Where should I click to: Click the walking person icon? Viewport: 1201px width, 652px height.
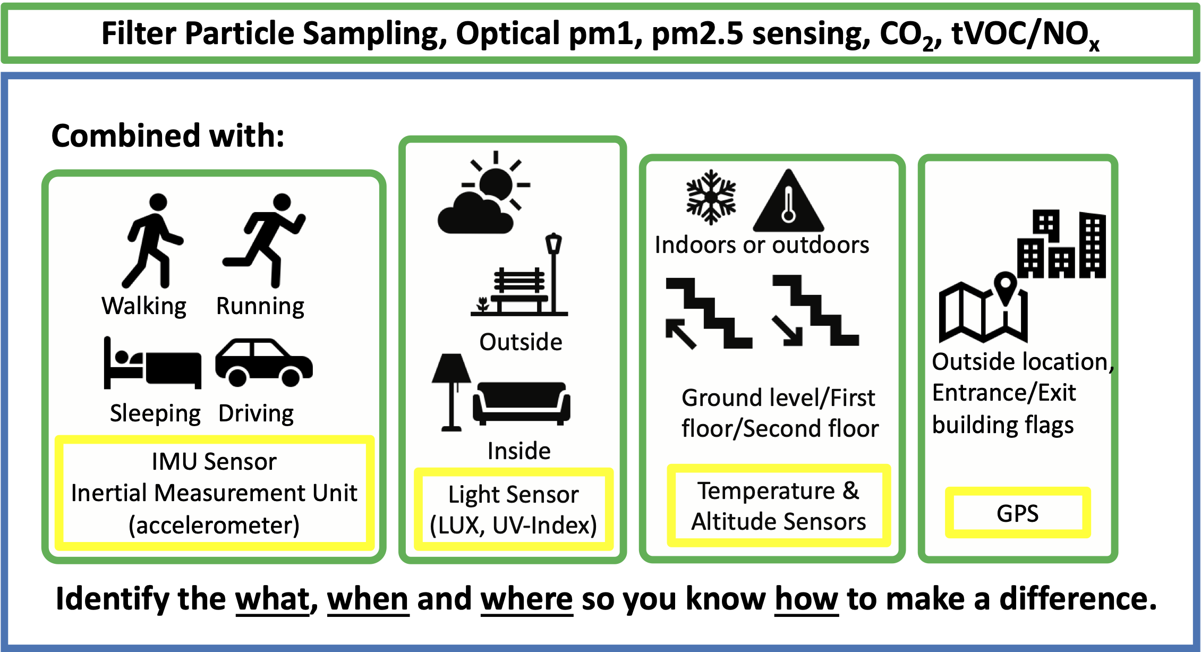[x=152, y=241]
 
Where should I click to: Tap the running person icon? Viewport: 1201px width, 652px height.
[x=264, y=241]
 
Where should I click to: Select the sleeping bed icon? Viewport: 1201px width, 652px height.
[x=152, y=362]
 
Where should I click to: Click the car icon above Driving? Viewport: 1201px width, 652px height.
[x=264, y=362]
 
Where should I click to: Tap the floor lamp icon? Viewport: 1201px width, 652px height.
[x=452, y=392]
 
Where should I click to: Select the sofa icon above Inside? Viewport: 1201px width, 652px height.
[x=522, y=403]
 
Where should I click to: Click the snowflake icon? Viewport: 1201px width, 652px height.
[x=711, y=197]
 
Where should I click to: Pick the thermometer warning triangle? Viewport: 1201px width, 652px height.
[x=789, y=201]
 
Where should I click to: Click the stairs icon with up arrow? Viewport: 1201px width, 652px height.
[x=709, y=313]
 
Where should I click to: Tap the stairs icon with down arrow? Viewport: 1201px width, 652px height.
[x=815, y=310]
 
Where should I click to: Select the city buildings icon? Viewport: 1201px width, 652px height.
[x=1062, y=244]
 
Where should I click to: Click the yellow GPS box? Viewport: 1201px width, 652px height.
[x=1018, y=513]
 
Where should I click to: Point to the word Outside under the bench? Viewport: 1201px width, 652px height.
[x=521, y=342]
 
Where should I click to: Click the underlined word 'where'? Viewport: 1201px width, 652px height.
[x=526, y=599]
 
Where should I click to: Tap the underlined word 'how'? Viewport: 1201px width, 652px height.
[x=806, y=599]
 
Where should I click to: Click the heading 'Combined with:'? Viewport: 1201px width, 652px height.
[x=168, y=136]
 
